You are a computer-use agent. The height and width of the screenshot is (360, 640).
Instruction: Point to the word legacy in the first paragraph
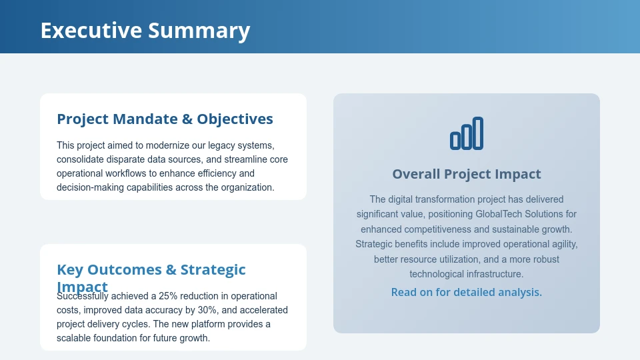pyautogui.click(x=215, y=145)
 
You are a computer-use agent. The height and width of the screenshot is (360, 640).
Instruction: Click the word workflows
pyautogui.click(x=135, y=173)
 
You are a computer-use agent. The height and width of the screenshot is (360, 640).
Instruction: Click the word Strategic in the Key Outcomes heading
pyautogui.click(x=213, y=270)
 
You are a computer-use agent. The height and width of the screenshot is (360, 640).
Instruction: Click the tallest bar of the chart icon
pyautogui.click(x=477, y=133)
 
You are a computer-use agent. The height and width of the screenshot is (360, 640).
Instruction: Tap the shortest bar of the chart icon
pyautogui.click(x=455, y=140)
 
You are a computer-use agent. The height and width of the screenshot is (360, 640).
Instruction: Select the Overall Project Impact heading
pyautogui.click(x=467, y=174)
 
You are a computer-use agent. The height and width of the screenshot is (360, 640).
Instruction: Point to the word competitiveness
pyautogui.click(x=441, y=229)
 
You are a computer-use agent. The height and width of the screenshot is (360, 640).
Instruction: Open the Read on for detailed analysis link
pyautogui.click(x=467, y=292)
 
